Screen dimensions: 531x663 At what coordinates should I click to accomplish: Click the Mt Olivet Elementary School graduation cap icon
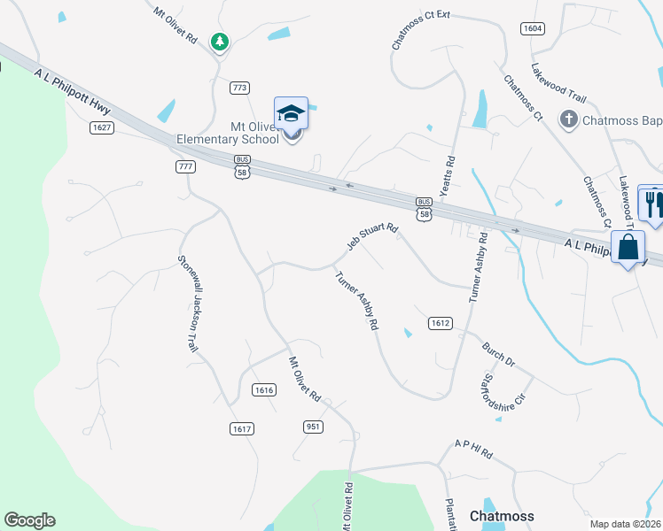pyautogui.click(x=291, y=113)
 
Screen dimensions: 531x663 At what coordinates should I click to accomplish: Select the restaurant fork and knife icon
pyautogui.click(x=655, y=204)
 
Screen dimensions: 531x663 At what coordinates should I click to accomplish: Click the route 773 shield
pyautogui.click(x=238, y=88)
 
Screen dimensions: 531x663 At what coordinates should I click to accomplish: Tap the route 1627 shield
pyautogui.click(x=101, y=127)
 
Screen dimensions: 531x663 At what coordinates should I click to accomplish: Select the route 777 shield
pyautogui.click(x=185, y=166)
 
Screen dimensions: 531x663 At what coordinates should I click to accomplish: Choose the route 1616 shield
pyautogui.click(x=263, y=389)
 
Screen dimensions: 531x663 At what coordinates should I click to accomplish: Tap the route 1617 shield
pyautogui.click(x=242, y=428)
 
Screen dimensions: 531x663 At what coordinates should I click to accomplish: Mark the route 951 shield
pyautogui.click(x=313, y=427)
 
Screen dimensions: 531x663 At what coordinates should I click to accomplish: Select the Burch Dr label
pyautogui.click(x=498, y=356)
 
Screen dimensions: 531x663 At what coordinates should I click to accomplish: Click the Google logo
pyautogui.click(x=29, y=520)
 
